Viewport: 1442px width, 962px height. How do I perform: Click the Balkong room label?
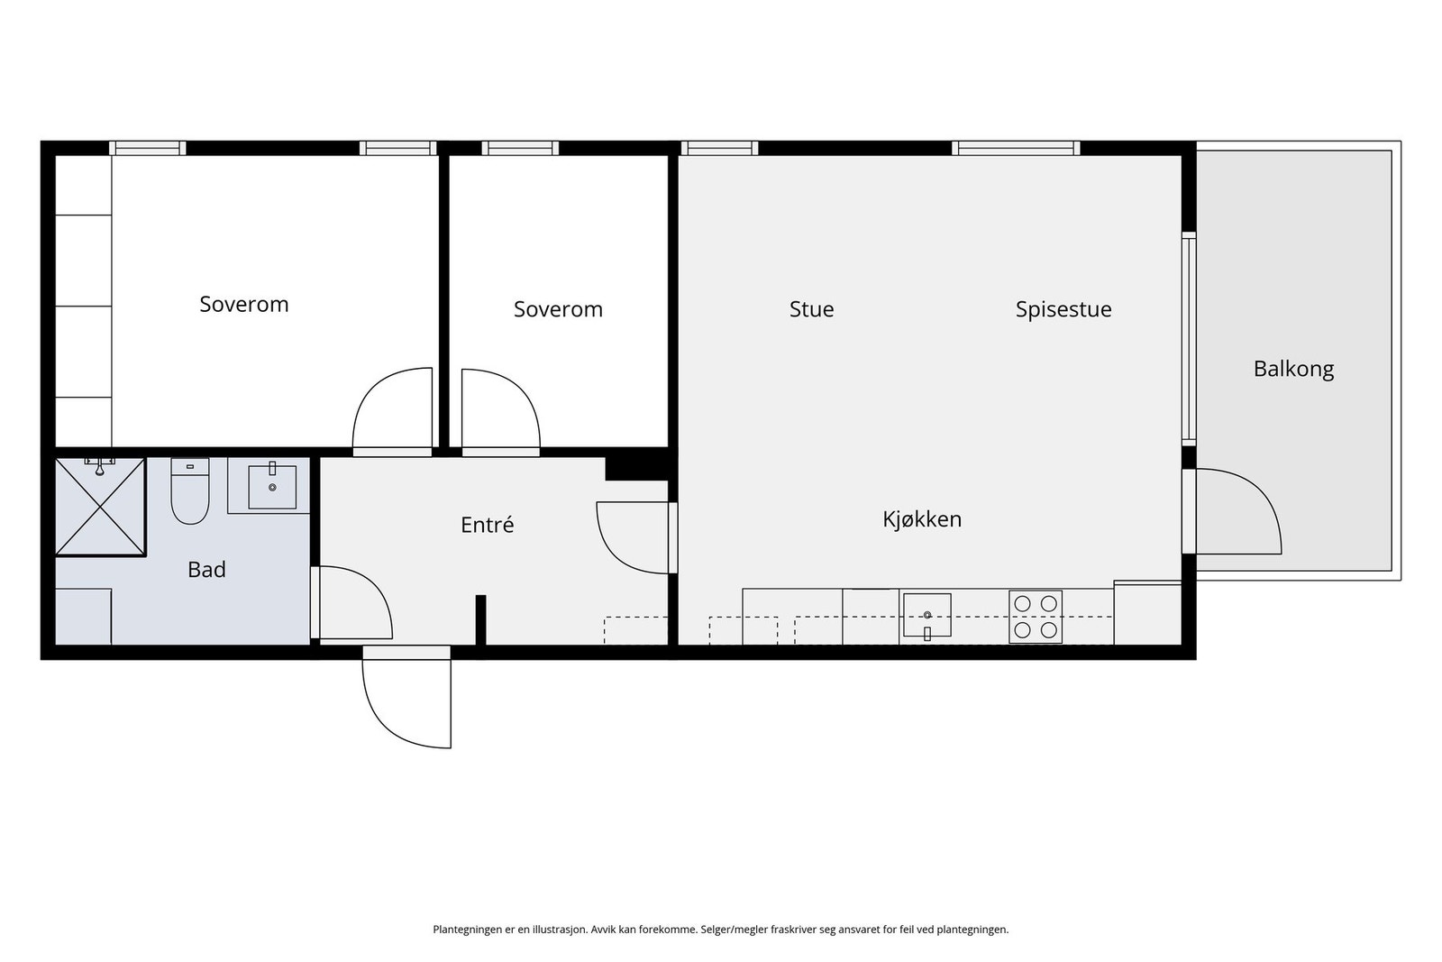[x=1293, y=369]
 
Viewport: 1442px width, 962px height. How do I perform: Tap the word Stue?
[x=811, y=309]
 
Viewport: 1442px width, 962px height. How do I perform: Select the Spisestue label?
[x=1063, y=309]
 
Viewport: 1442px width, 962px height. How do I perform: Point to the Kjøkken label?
[x=921, y=519]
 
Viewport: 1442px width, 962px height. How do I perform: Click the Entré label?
[x=487, y=525]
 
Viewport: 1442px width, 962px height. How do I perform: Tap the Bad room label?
[x=206, y=570]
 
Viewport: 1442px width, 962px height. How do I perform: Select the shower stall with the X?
[x=100, y=507]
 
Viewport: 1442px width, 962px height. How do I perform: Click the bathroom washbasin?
[x=271, y=487]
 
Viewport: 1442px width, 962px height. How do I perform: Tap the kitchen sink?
[x=926, y=615]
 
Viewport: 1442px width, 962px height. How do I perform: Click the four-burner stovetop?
[x=1035, y=617]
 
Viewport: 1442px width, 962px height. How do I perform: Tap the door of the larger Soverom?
[x=393, y=410]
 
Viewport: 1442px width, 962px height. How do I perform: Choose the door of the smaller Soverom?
[x=499, y=410]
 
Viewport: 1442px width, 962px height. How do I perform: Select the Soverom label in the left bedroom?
[x=243, y=305]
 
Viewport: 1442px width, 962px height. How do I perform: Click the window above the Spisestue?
[x=1016, y=148]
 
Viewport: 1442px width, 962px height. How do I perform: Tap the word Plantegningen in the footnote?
[x=466, y=930]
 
